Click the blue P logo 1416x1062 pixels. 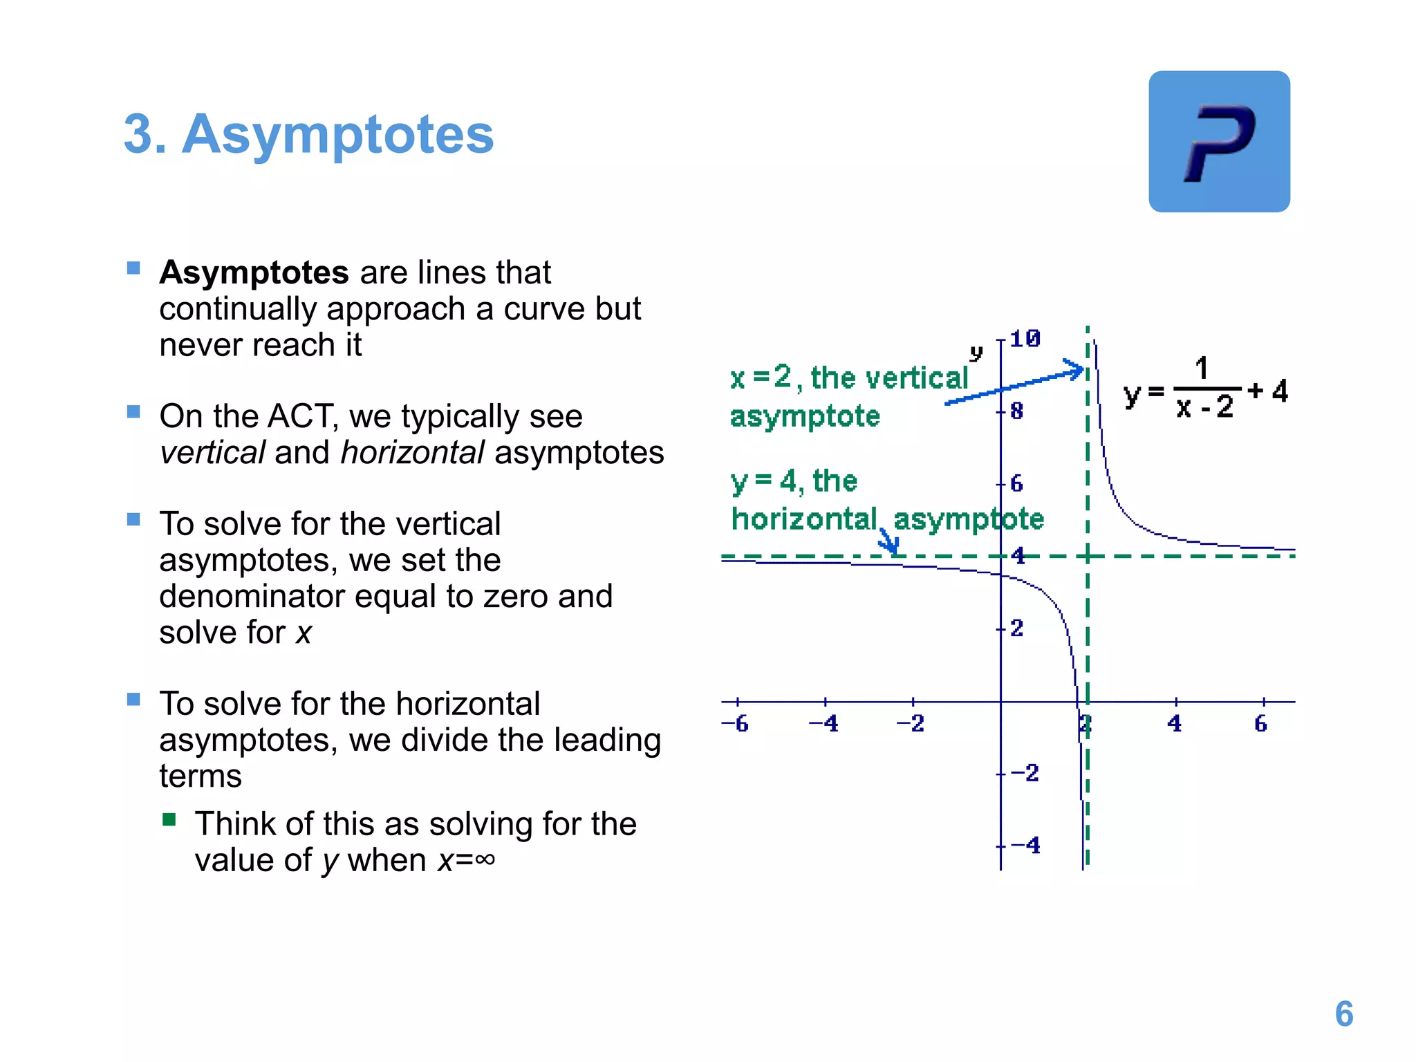(1219, 142)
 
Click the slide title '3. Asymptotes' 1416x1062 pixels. (308, 134)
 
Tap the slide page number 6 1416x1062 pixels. (1343, 1014)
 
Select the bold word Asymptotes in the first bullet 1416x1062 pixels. (254, 272)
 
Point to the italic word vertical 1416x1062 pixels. (212, 453)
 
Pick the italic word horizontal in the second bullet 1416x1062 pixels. (412, 453)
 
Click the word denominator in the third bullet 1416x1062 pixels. (252, 596)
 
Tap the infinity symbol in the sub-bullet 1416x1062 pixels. (485, 859)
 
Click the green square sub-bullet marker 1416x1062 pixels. (169, 820)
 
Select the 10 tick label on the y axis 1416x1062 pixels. (1025, 339)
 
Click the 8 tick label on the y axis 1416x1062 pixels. (1016, 411)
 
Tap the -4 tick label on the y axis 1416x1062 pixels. (1025, 845)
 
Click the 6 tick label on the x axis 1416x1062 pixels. (1260, 724)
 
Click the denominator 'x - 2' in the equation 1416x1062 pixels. (1204, 407)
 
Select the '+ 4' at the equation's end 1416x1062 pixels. (1268, 391)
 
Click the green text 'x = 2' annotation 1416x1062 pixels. (761, 378)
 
